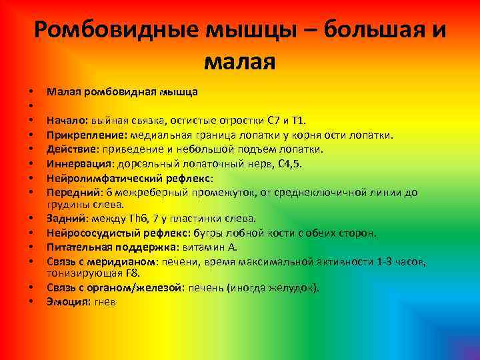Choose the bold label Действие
(70, 149)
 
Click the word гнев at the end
(105, 302)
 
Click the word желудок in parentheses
(293, 288)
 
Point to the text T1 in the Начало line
(297, 121)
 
